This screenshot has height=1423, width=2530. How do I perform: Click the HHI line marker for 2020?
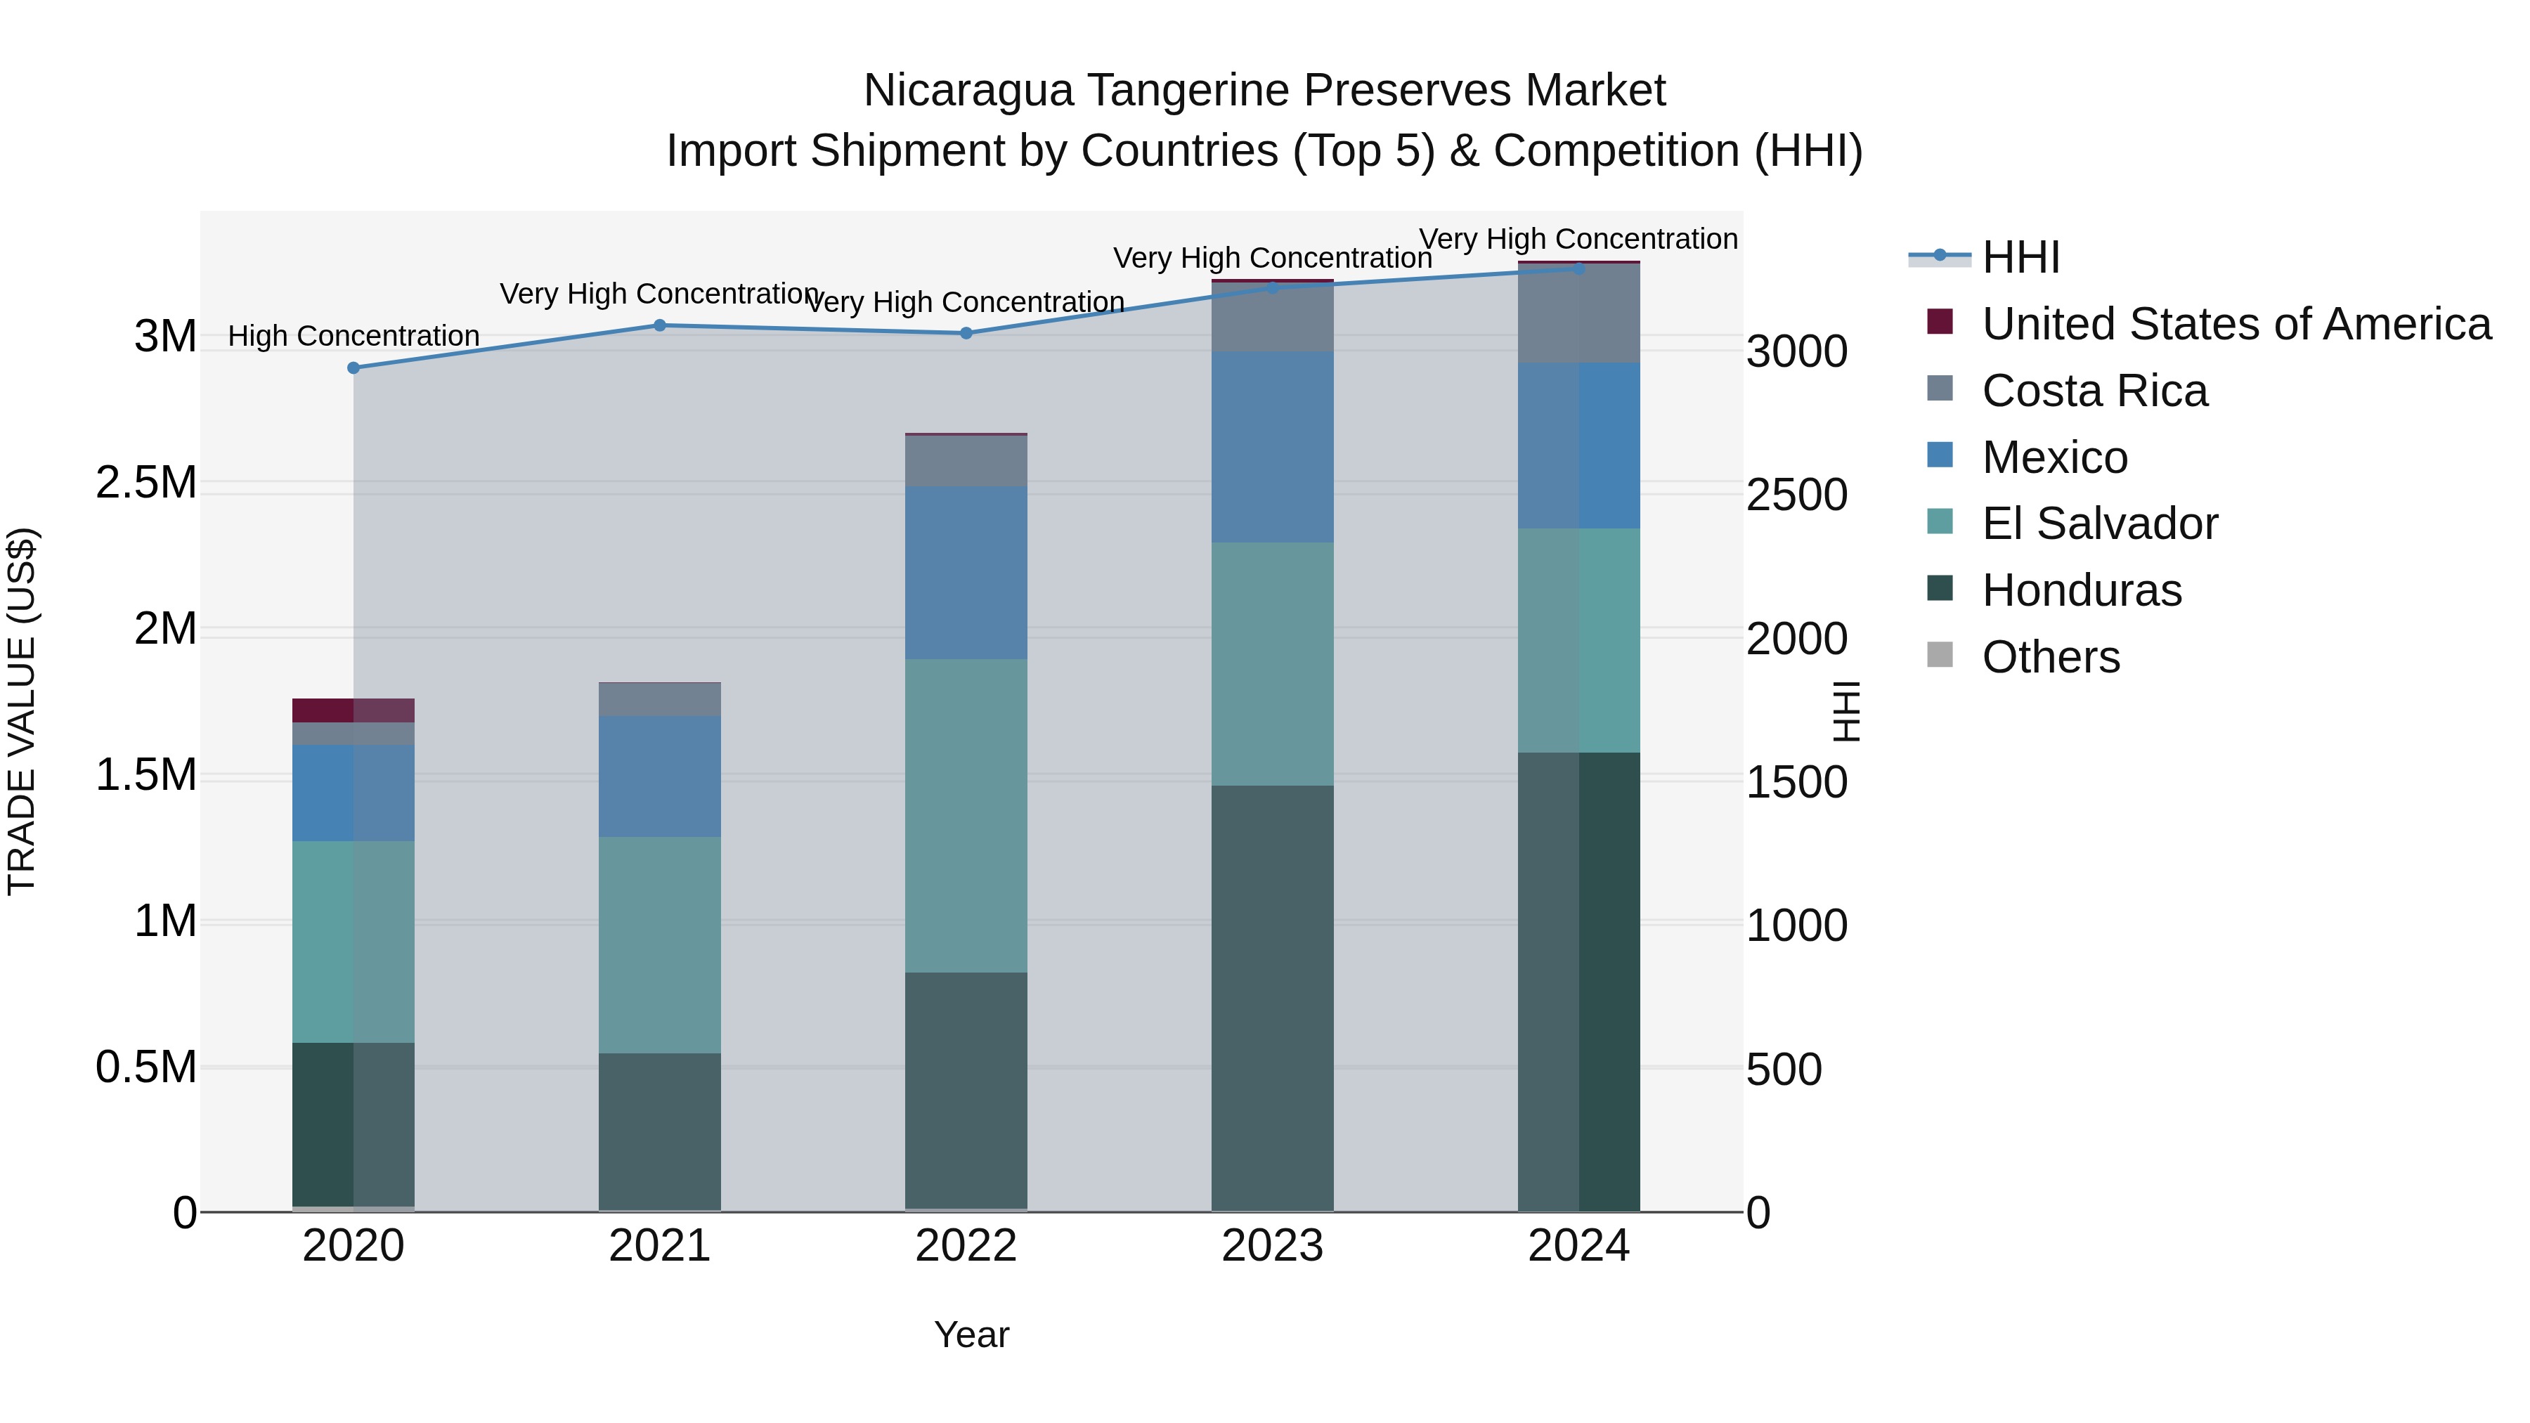[x=353, y=368]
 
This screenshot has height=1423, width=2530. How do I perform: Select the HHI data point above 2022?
[x=966, y=334]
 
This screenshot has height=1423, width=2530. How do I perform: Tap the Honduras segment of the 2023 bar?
[x=1272, y=996]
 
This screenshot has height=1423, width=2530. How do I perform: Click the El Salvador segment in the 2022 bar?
[x=966, y=815]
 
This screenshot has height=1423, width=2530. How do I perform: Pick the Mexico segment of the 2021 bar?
[x=659, y=776]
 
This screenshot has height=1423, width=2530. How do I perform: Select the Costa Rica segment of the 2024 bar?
[x=1578, y=314]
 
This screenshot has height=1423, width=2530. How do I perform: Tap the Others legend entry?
[x=2050, y=657]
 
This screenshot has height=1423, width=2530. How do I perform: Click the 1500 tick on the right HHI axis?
[x=1796, y=783]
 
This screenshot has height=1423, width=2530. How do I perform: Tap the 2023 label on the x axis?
[x=1272, y=1246]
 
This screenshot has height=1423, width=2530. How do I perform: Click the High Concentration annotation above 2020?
[x=353, y=336]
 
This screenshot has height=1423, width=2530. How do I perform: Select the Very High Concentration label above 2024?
[x=1578, y=239]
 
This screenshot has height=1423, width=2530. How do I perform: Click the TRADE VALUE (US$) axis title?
[x=22, y=711]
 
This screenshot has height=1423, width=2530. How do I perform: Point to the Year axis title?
[x=971, y=1334]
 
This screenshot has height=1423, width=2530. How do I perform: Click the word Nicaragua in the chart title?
[x=968, y=91]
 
